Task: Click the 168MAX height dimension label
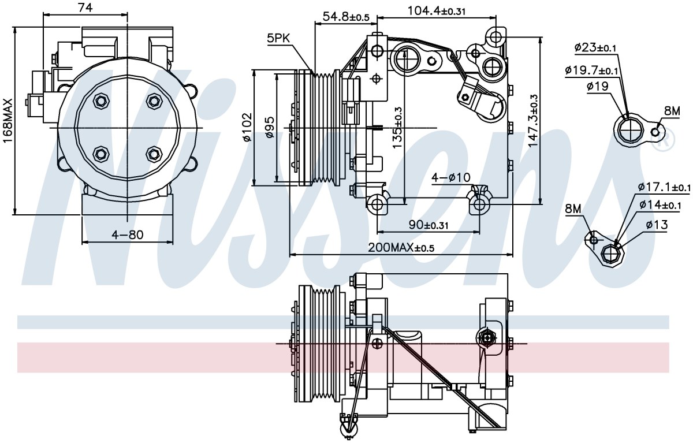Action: (8, 121)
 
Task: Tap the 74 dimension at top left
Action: (85, 8)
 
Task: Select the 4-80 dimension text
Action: (128, 235)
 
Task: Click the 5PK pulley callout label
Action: (278, 38)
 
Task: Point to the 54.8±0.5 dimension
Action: (346, 17)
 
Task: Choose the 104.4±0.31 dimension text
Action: (436, 11)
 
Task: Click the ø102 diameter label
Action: (248, 127)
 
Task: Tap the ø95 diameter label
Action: (270, 127)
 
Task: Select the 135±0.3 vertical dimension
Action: (397, 128)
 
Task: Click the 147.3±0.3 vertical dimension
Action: (533, 121)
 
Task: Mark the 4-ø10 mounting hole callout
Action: (451, 177)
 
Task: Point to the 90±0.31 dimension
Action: (429, 225)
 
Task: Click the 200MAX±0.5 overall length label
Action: (401, 247)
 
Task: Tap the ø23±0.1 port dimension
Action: (595, 47)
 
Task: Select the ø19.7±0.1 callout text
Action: (591, 70)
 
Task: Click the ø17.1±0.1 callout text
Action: (664, 187)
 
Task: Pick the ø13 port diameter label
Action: (657, 225)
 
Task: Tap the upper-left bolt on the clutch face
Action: (101, 101)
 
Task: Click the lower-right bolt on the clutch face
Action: (154, 154)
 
